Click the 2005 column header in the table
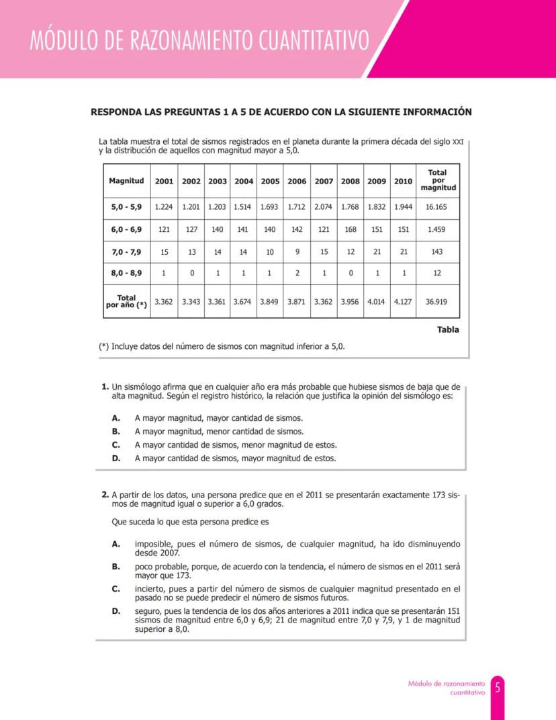click(270, 182)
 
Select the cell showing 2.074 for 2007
click(324, 207)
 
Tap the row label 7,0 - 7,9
click(126, 251)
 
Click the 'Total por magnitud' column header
click(437, 180)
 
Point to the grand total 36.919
click(437, 302)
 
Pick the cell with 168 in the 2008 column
click(350, 229)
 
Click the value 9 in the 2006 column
click(297, 251)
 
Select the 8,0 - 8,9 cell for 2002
click(191, 273)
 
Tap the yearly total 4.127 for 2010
click(403, 302)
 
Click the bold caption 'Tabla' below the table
click(448, 329)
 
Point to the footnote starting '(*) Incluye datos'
click(222, 347)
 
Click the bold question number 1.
click(105, 387)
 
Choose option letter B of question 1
click(116, 432)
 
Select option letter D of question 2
click(116, 611)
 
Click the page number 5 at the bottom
click(498, 687)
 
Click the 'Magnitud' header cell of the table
click(126, 182)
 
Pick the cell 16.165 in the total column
click(437, 207)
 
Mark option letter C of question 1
click(116, 445)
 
